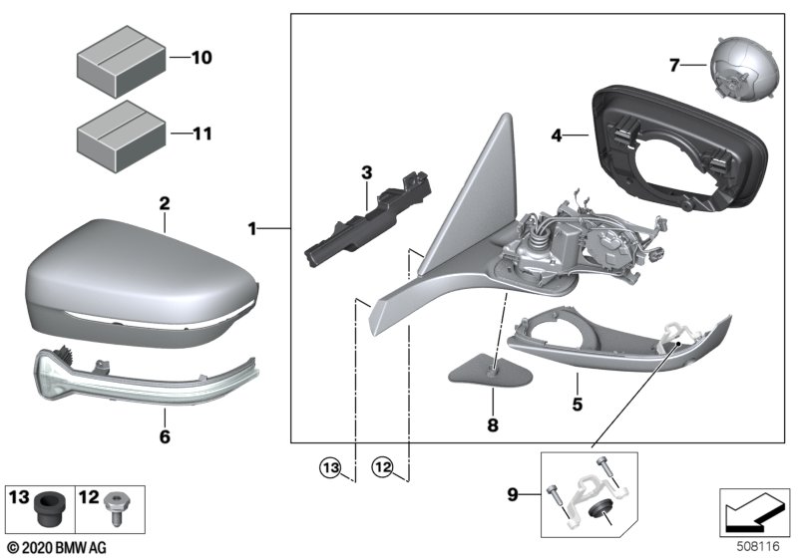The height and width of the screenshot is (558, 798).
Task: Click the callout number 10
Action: pyautogui.click(x=201, y=59)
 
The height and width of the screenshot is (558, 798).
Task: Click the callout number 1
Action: pyautogui.click(x=253, y=229)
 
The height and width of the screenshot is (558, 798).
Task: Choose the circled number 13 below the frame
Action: pyautogui.click(x=330, y=465)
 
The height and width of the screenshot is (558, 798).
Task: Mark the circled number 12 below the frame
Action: pyautogui.click(x=383, y=465)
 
